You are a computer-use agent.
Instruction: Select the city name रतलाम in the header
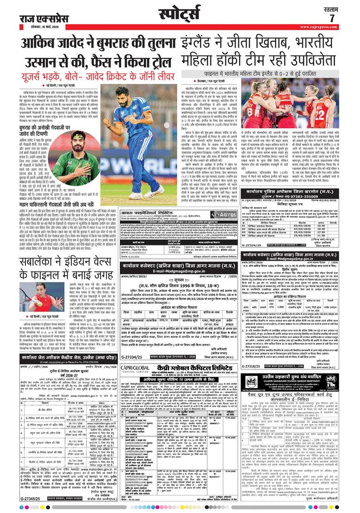pos(331,8)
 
